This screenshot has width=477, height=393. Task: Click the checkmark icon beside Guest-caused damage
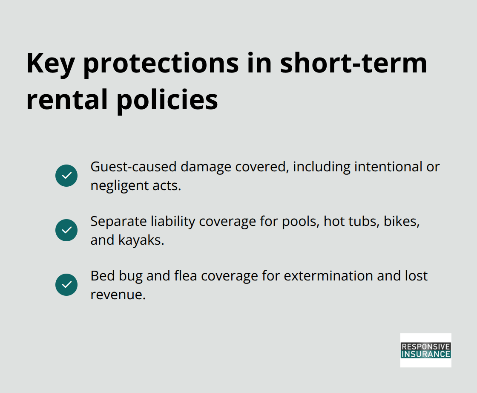tap(66, 176)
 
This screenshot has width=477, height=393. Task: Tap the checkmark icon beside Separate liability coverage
tap(66, 230)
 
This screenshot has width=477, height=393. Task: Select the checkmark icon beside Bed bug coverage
tap(66, 285)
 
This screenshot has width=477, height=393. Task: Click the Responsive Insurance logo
tap(425, 350)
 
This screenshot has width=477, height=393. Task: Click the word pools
tap(300, 221)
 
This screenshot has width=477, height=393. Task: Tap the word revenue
tap(118, 295)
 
